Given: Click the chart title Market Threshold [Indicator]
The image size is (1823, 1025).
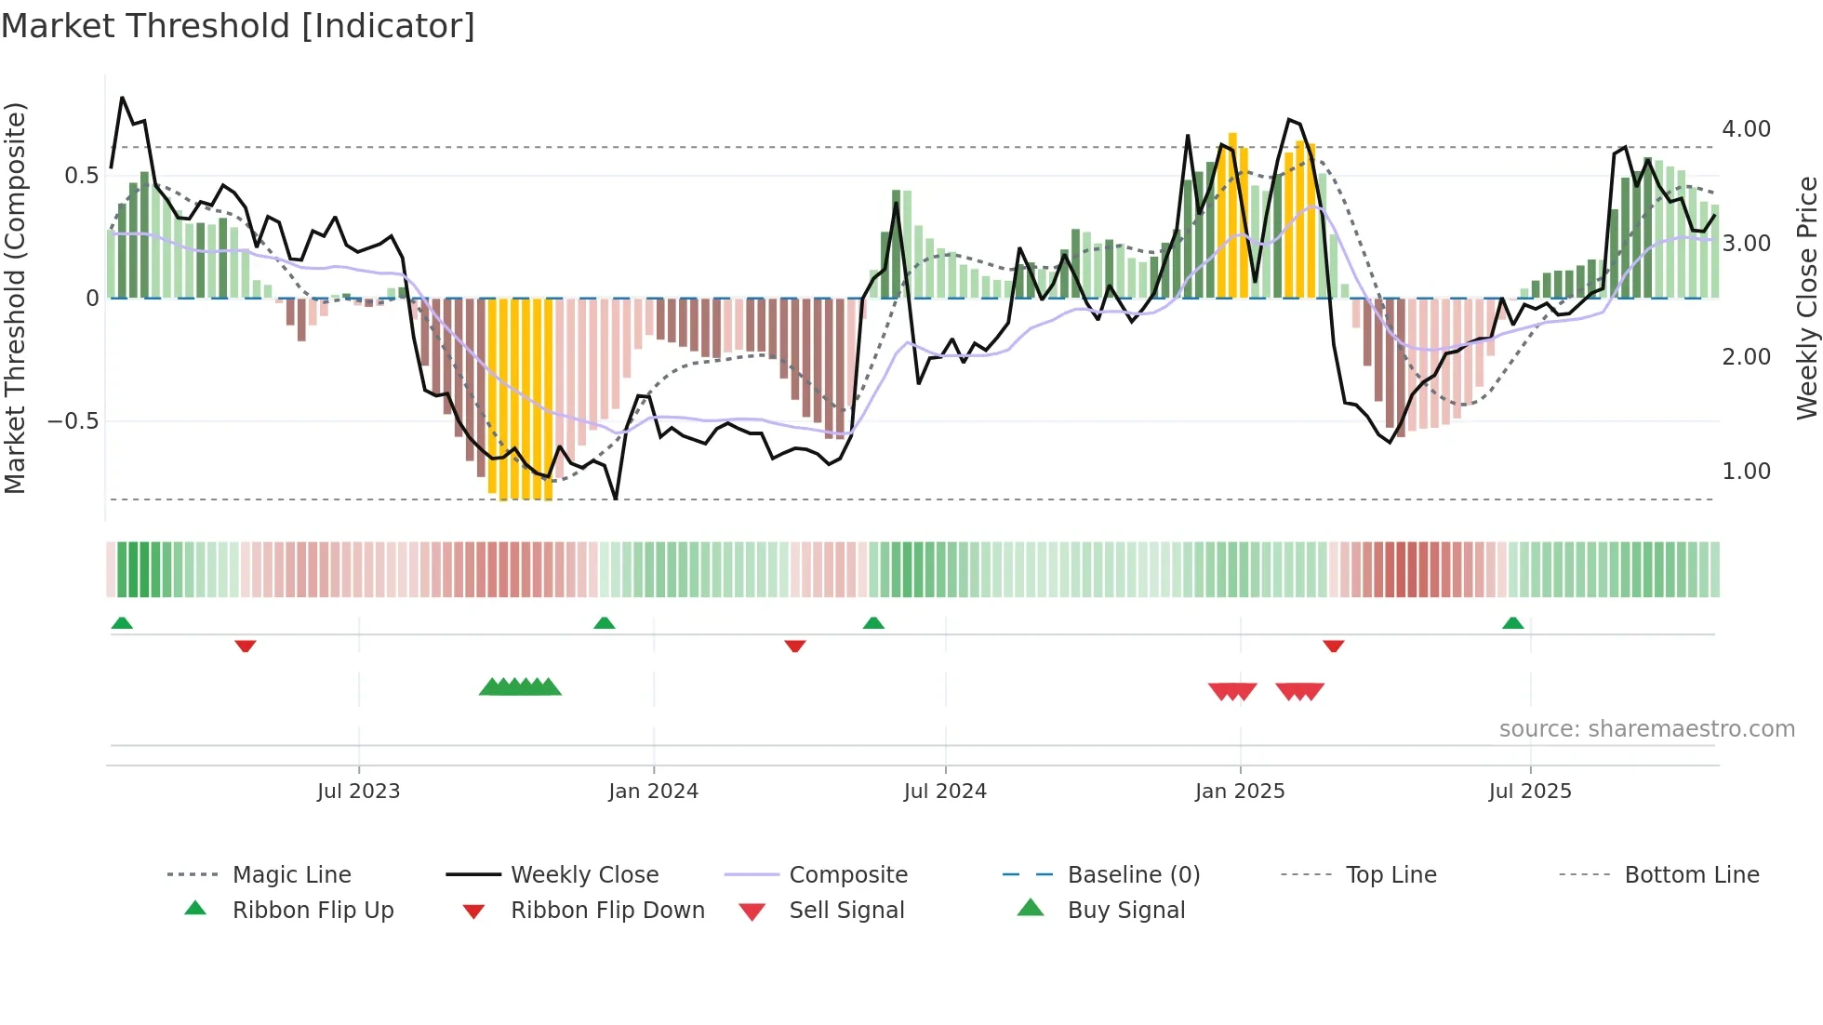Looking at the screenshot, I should pyautogui.click(x=238, y=26).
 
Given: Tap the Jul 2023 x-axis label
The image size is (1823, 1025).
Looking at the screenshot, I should pyautogui.click(x=358, y=792).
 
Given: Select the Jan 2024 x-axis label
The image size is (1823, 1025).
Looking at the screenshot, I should pyautogui.click(x=653, y=792).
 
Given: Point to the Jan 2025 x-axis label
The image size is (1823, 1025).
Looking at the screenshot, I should pyautogui.click(x=1240, y=792).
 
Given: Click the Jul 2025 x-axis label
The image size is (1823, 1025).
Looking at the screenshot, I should pyautogui.click(x=1530, y=792).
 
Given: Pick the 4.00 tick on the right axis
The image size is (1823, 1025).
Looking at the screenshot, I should pyautogui.click(x=1746, y=129).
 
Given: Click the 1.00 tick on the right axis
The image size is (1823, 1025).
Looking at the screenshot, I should pyautogui.click(x=1746, y=472).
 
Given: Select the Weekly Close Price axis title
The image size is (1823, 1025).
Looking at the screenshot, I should pyautogui.click(x=1806, y=298).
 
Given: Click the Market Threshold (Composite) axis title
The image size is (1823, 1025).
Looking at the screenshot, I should pyautogui.click(x=15, y=298).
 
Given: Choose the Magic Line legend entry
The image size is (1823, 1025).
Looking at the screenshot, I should pyautogui.click(x=291, y=875).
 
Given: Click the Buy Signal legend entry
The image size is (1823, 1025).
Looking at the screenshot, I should pyautogui.click(x=1125, y=911).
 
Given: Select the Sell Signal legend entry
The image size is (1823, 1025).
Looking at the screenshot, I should pyautogui.click(x=846, y=911).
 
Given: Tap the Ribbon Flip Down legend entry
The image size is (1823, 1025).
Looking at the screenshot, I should pyautogui.click(x=607, y=911).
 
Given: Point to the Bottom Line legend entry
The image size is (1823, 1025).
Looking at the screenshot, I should pyautogui.click(x=1691, y=875).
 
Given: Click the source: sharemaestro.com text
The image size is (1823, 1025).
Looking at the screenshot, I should pyautogui.click(x=1646, y=729).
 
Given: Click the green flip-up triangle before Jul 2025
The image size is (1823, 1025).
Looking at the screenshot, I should pyautogui.click(x=1513, y=623).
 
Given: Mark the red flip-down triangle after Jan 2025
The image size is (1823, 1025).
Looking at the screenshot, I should pyautogui.click(x=1334, y=646).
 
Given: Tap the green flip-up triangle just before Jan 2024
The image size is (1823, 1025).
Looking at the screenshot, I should pyautogui.click(x=605, y=623).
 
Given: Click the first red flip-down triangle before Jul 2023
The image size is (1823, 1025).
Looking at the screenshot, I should pyautogui.click(x=246, y=646).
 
